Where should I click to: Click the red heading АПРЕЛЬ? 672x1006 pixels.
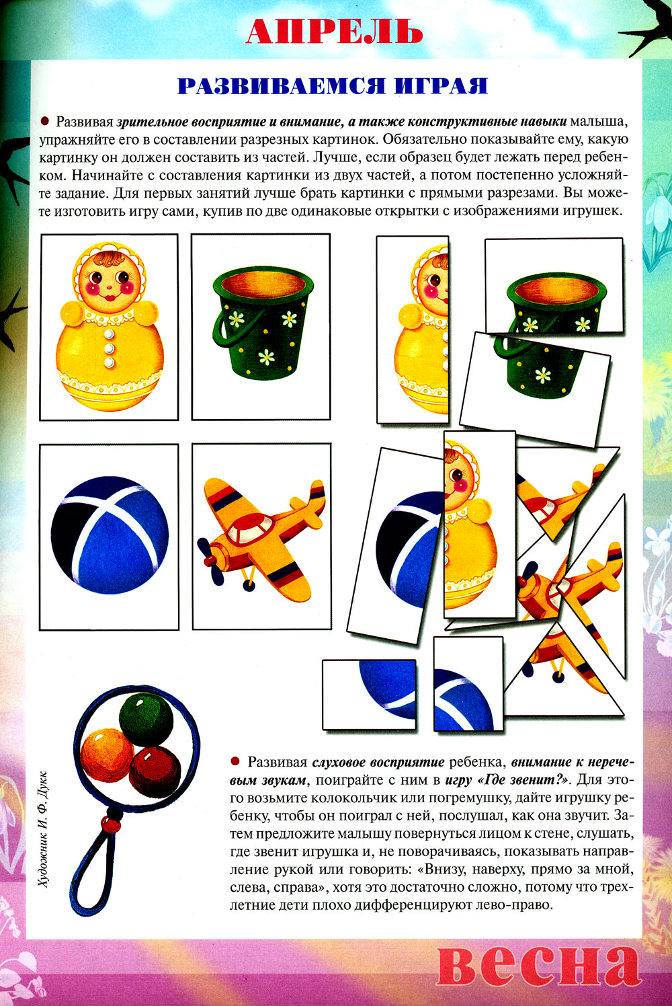[x=335, y=31]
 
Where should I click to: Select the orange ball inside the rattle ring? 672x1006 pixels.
[x=108, y=754]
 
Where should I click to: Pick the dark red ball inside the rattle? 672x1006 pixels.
[x=155, y=771]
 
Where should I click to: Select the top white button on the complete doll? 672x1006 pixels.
[x=109, y=334]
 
